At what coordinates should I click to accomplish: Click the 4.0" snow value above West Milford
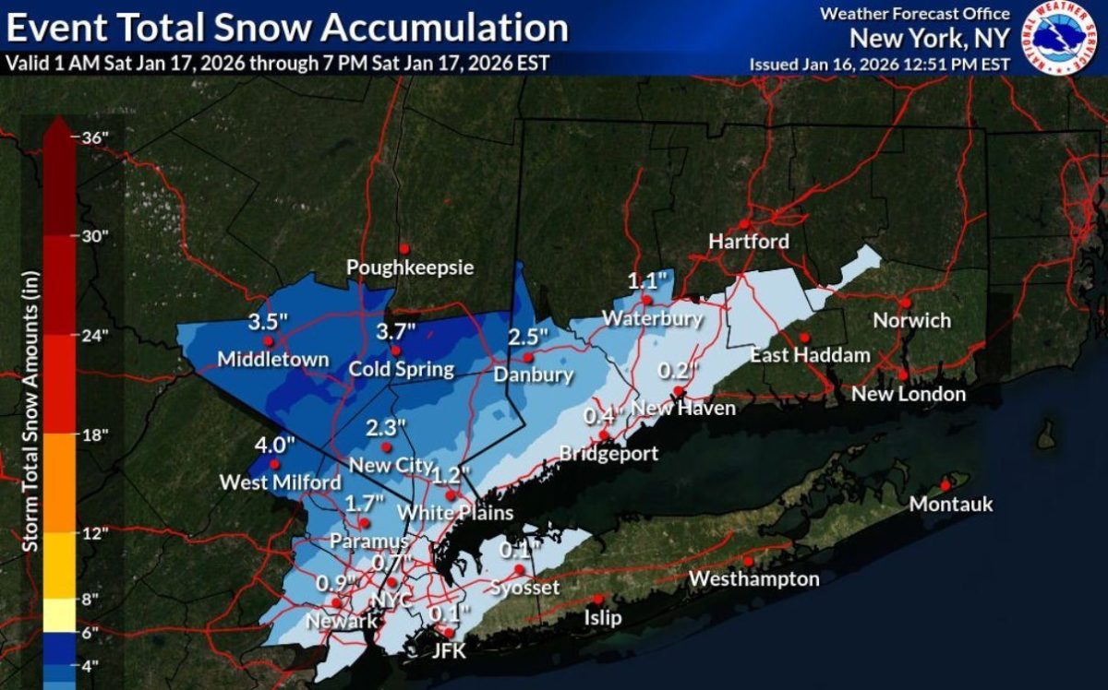[274, 445]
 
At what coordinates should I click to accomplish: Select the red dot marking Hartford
[744, 224]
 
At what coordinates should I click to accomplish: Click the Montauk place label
[951, 505]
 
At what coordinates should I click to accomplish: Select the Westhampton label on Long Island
[754, 579]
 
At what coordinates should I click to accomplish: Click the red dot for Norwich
[907, 302]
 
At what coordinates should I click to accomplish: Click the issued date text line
[879, 65]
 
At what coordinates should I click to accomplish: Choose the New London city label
[909, 395]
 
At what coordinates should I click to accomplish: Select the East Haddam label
[810, 355]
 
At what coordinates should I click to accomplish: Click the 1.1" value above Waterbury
[646, 281]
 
